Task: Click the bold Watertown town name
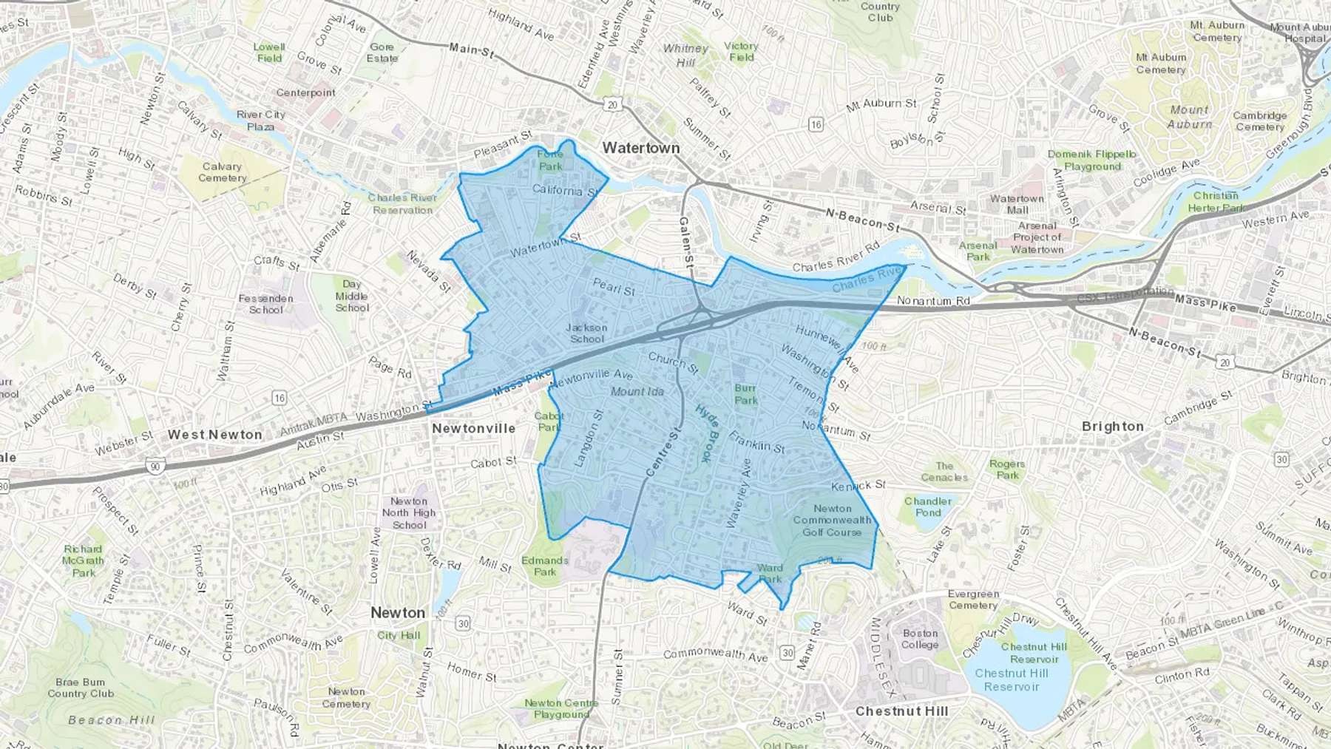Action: (640, 148)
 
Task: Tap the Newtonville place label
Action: (473, 428)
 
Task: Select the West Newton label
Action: (214, 435)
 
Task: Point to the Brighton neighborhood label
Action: (1112, 427)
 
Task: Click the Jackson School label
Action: (586, 333)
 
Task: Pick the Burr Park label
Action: (745, 394)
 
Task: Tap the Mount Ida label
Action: (637, 391)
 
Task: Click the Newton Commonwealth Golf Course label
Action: (832, 520)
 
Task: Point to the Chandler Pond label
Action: (928, 506)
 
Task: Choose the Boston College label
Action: (920, 639)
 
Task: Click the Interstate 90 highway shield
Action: (155, 467)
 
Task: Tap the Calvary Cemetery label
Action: (222, 172)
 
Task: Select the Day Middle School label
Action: (352, 296)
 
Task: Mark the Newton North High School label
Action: (409, 513)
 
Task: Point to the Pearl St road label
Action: (614, 286)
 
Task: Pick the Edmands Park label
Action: (545, 566)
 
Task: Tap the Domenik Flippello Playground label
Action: (1092, 160)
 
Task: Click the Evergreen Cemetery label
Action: (973, 599)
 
